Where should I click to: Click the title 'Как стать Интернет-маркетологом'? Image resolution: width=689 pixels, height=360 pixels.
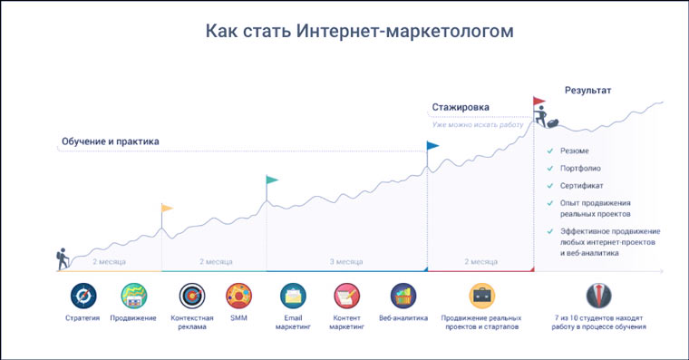click(359, 32)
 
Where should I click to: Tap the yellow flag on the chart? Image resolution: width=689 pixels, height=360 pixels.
click(166, 209)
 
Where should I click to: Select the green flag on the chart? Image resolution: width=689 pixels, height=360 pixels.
click(272, 180)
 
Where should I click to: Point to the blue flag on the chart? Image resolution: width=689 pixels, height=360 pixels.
click(432, 145)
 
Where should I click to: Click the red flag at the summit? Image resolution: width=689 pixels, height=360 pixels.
click(539, 102)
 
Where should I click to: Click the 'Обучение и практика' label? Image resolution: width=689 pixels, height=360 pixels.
click(110, 141)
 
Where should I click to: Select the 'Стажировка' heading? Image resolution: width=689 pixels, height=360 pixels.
click(461, 107)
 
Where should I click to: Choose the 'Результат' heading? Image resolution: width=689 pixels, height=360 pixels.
click(588, 91)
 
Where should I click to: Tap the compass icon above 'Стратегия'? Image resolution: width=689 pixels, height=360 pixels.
click(82, 296)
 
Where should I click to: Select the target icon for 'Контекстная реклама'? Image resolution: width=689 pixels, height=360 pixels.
click(192, 296)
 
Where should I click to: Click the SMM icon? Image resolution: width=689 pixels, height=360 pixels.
click(239, 296)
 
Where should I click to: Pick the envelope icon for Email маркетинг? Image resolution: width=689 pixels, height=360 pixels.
click(294, 296)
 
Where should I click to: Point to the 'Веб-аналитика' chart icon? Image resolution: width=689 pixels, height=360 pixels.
click(403, 296)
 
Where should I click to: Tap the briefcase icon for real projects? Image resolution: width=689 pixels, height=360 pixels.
click(482, 296)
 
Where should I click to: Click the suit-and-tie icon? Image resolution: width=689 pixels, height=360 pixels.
click(599, 296)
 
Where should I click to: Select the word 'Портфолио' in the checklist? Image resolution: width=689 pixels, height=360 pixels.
click(580, 169)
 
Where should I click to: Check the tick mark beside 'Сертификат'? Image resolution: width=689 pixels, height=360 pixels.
click(550, 186)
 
